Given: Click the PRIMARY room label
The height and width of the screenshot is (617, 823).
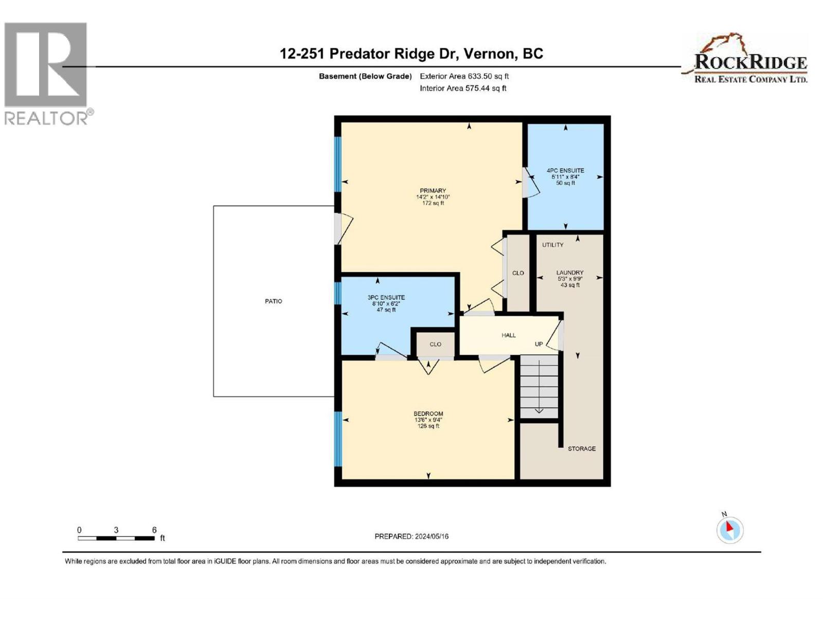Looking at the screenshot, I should click(433, 191).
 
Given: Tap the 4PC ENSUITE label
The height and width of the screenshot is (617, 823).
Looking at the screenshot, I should click(565, 171).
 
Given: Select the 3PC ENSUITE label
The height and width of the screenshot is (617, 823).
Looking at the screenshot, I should click(386, 298).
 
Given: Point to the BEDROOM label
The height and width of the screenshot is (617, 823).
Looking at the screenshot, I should click(428, 414).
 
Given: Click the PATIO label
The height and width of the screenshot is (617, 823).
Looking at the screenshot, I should click(273, 301).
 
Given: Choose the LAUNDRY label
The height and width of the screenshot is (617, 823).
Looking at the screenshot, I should click(569, 273).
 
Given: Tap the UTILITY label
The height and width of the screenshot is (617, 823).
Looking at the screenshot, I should click(552, 245).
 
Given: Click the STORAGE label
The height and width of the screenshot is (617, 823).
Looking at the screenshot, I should click(581, 449).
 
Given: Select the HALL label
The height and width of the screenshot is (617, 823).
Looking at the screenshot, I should click(508, 335).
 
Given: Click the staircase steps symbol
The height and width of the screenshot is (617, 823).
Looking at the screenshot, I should click(539, 386).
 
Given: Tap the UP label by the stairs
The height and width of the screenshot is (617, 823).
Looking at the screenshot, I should click(539, 344).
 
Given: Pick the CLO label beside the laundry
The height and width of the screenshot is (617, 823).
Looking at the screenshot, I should click(518, 273).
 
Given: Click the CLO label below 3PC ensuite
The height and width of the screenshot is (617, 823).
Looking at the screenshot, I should click(435, 344).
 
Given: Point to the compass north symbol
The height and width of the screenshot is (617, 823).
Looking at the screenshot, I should click(729, 530).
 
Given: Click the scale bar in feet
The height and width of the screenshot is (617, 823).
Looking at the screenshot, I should click(116, 538).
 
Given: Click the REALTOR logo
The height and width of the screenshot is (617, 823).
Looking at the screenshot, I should click(47, 74).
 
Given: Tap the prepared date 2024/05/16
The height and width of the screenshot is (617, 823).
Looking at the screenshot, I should click(411, 536).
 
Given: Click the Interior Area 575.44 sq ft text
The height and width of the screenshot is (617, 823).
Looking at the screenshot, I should click(463, 88).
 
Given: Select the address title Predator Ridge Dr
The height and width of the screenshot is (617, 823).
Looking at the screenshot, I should click(411, 53).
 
